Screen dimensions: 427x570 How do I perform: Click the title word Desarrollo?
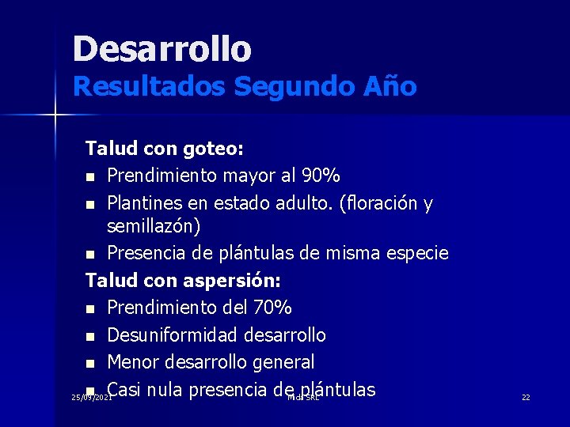tap(161, 48)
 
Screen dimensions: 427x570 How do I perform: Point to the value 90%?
tap(319, 175)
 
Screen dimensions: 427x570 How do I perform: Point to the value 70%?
tap(272, 307)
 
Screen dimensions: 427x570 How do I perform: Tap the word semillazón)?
tap(154, 226)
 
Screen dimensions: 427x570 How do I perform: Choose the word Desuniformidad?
tap(173, 335)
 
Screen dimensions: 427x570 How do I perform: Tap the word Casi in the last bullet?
tap(124, 389)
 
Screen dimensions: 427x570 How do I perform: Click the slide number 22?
tap(526, 397)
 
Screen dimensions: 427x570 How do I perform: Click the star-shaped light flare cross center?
tap(55, 115)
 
